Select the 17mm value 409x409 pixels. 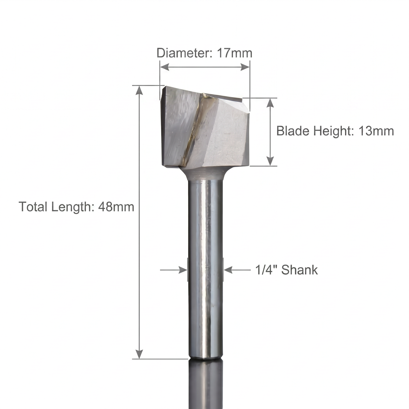[234, 53]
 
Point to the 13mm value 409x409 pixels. [376, 131]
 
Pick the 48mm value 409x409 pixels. [116, 206]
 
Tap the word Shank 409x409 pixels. [299, 270]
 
